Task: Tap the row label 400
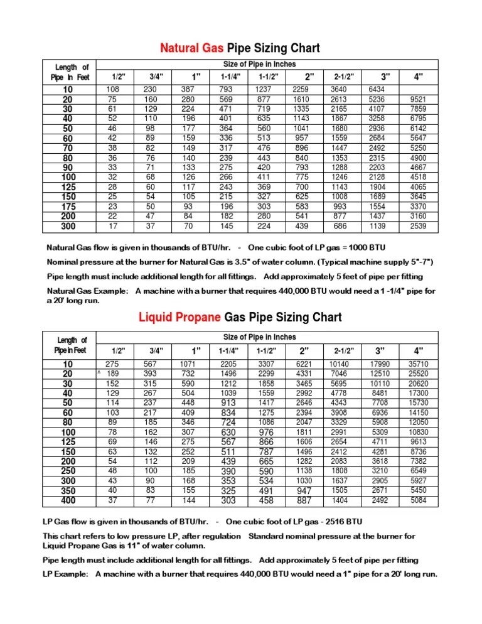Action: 68,500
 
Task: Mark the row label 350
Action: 68,491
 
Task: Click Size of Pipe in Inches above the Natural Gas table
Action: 259,64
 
